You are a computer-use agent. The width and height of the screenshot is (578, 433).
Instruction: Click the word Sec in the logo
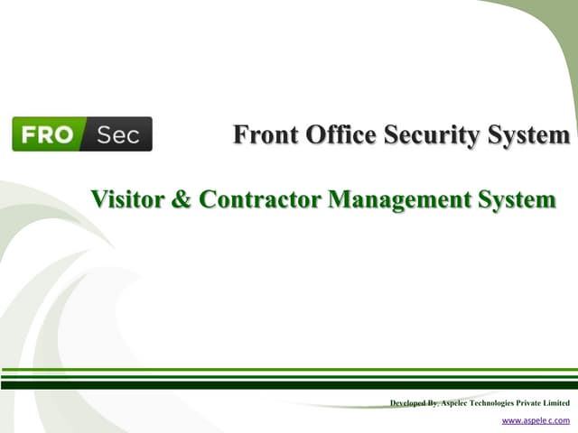point(117,134)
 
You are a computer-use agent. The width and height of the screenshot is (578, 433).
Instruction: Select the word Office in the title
point(340,135)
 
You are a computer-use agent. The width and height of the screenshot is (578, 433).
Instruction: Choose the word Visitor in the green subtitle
point(128,199)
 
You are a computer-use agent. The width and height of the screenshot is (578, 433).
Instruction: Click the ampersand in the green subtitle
point(181,199)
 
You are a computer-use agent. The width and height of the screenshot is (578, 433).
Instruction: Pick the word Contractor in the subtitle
point(259,199)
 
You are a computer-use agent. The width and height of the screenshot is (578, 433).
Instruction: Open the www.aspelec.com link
point(536,420)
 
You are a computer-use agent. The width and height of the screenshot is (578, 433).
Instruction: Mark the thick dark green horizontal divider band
point(289,384)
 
